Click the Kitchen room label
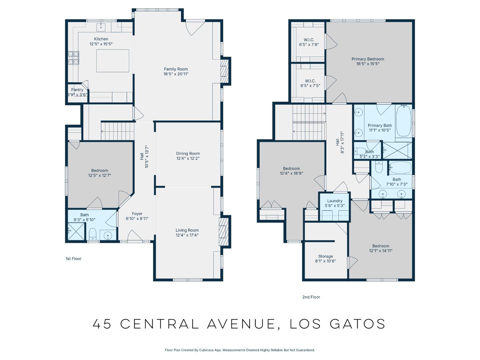101,39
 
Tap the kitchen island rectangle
113,61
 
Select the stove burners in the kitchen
74,58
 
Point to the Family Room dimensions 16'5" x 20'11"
176,74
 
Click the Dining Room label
188,154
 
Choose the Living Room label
187,230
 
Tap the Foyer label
137,214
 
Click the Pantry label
77,90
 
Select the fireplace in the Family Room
225,71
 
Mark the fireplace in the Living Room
224,231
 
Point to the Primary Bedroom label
368,59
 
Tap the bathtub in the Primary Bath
404,121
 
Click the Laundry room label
335,201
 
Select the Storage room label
325,256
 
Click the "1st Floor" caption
73,259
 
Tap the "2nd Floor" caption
311,297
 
